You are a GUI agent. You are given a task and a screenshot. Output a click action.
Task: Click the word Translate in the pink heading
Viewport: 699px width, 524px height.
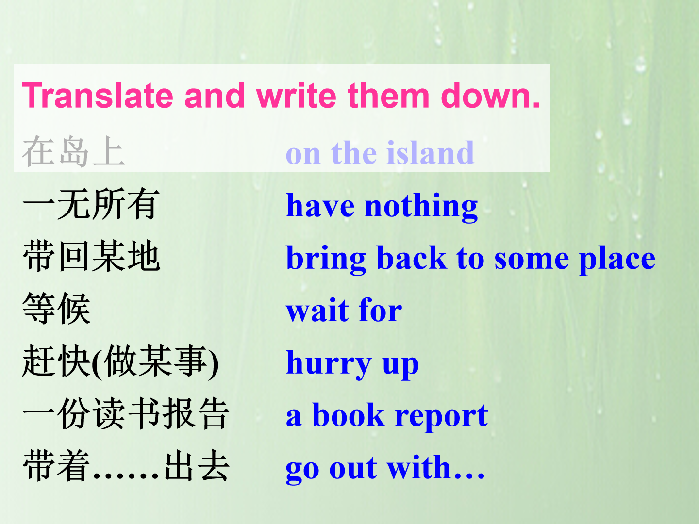click(x=98, y=95)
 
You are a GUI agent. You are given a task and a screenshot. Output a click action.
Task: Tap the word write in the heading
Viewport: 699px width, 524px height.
click(x=296, y=95)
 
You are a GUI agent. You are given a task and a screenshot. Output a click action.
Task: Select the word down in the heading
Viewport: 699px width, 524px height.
click(x=490, y=95)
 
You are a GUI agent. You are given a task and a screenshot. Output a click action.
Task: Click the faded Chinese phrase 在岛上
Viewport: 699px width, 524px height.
click(x=74, y=151)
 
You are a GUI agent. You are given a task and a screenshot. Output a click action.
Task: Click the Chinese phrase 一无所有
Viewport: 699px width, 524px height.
click(x=91, y=204)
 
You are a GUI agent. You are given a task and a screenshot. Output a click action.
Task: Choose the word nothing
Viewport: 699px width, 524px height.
click(x=421, y=207)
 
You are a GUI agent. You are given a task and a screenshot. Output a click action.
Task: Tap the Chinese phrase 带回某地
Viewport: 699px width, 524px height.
click(x=91, y=256)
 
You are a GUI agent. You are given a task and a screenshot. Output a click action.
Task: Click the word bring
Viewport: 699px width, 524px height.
click(x=326, y=259)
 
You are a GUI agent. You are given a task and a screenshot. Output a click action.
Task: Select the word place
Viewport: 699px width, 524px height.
click(x=617, y=259)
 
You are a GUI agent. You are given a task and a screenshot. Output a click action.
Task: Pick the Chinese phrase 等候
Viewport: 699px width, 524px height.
click(x=57, y=308)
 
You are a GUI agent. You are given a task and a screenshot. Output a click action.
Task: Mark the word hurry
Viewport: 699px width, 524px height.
click(x=329, y=364)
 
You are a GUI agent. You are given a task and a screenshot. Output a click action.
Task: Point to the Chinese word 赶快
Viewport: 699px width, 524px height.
click(x=57, y=361)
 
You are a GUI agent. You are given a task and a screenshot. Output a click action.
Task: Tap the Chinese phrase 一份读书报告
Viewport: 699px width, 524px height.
click(x=126, y=413)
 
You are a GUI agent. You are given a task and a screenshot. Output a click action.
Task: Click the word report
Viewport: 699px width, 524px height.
click(x=441, y=416)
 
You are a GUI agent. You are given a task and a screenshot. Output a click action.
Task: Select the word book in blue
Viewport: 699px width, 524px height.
click(x=349, y=414)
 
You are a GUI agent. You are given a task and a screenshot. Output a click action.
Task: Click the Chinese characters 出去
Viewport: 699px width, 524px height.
click(x=197, y=465)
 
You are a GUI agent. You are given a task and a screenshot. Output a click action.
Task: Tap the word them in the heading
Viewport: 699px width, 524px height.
click(x=388, y=95)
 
